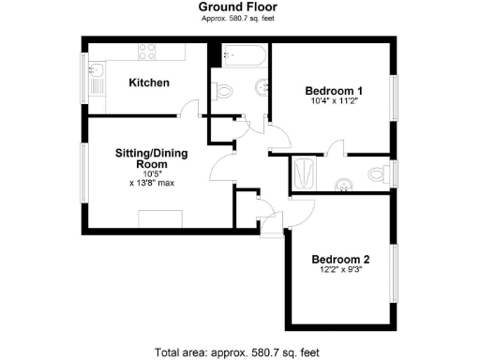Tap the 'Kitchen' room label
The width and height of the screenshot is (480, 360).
pos(149,83)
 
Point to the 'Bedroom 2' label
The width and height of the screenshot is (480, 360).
pos(340,260)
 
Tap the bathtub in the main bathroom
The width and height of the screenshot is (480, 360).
pos(242,57)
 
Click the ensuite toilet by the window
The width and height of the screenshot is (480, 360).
pos(378,173)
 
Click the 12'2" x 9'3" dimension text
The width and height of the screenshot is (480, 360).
pos(340,271)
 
